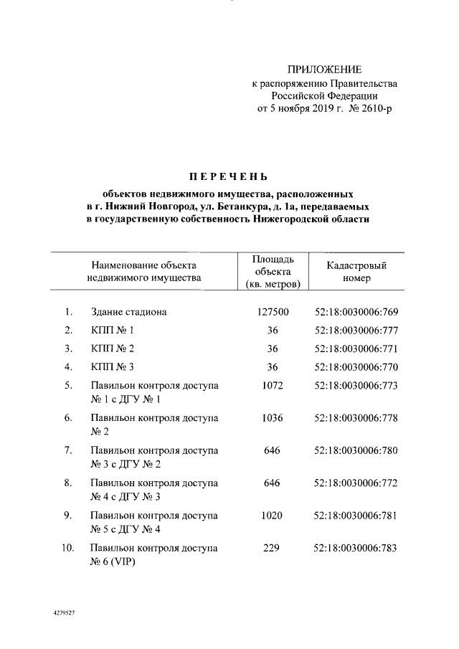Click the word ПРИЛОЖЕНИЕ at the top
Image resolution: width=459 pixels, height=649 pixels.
324,70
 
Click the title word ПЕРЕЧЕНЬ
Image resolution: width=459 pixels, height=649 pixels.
229,177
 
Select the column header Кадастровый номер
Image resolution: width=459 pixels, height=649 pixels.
356,272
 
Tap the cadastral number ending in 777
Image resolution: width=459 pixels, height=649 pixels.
356,331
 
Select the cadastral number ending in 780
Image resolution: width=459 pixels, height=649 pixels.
356,450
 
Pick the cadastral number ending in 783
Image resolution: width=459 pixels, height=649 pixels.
356,548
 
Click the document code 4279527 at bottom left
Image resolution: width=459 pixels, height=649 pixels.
65,615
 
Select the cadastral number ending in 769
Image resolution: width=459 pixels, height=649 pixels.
356,312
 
